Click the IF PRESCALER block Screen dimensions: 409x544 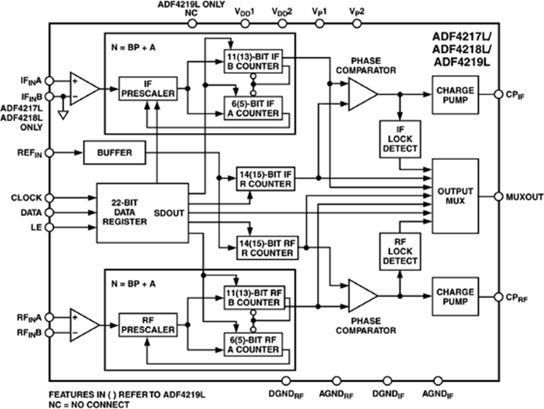147,89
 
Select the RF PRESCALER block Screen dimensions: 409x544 147,326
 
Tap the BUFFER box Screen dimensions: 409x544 114,152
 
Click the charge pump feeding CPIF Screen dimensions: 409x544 455,95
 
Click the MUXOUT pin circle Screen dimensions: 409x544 499,196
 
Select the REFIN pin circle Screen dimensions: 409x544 50,152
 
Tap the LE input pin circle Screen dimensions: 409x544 50,227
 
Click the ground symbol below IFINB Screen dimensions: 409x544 62,113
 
